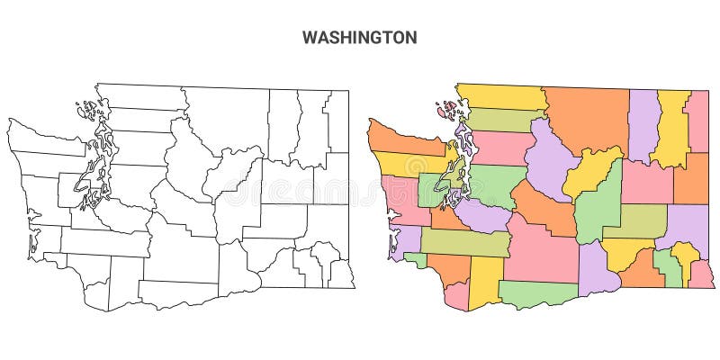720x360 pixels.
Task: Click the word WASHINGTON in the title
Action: [359, 38]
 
